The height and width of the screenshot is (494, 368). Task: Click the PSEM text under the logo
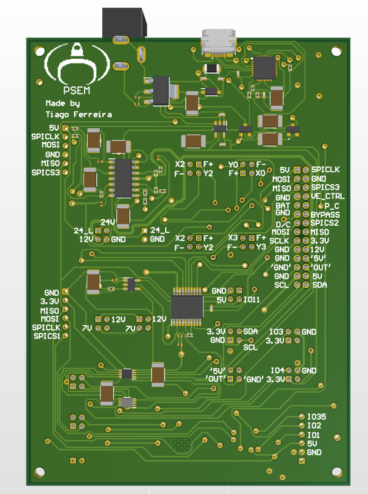click(76, 91)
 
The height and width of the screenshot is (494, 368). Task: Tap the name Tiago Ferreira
click(79, 114)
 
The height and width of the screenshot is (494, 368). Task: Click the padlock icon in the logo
click(77, 50)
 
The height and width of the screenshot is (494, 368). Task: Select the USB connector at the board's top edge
click(219, 42)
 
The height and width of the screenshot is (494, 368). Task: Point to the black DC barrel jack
click(125, 23)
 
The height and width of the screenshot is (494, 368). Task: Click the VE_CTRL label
click(327, 196)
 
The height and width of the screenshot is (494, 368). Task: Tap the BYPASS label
click(325, 215)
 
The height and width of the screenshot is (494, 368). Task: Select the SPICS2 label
click(324, 223)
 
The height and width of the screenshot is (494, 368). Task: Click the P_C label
click(332, 206)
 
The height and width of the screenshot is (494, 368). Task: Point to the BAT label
click(283, 206)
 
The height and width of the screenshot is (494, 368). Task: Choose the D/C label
click(283, 225)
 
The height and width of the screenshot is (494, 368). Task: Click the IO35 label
click(317, 417)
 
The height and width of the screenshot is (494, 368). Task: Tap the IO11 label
click(252, 299)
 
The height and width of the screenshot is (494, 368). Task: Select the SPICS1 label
click(46, 336)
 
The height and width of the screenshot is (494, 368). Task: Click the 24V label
click(108, 222)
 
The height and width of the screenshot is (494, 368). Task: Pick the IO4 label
click(277, 370)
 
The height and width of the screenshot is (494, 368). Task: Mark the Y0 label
click(233, 165)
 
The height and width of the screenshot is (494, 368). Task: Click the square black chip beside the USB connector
click(265, 68)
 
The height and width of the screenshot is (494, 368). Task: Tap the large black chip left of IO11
click(187, 307)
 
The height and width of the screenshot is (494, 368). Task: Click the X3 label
click(233, 238)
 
